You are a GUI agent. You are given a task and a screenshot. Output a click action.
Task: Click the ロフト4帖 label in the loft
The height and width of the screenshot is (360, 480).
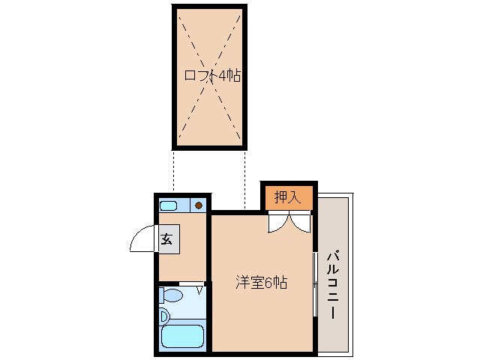(x=212, y=76)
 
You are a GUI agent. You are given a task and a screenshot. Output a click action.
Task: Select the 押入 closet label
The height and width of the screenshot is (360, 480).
(x=287, y=197)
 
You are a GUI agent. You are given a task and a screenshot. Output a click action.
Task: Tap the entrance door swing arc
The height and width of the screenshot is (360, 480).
(x=141, y=240)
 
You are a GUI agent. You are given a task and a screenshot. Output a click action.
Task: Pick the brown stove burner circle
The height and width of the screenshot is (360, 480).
(x=199, y=205)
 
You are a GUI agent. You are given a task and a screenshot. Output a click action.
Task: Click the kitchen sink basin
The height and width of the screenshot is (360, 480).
(x=169, y=205)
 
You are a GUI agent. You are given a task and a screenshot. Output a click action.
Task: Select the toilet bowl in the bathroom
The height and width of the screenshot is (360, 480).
(x=172, y=295)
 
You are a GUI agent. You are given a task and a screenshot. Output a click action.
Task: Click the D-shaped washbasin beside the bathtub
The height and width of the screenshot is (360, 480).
(x=164, y=315)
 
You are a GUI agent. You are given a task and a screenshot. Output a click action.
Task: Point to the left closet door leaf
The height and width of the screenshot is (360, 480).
(x=277, y=223)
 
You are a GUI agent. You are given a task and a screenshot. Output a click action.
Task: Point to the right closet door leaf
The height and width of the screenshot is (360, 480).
(x=301, y=223)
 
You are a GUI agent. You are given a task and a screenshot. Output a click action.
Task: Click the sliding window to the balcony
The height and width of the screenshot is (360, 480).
(x=314, y=285)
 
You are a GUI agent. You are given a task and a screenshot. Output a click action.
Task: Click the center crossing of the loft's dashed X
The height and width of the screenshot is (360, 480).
(x=211, y=76)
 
